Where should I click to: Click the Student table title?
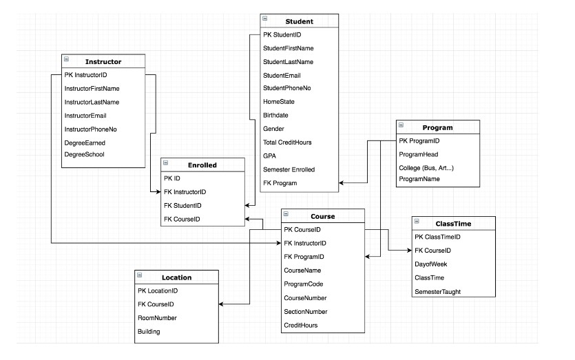point(298,21)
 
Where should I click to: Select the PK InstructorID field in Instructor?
point(85,74)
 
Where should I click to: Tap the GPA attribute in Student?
point(269,156)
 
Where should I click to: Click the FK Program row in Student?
point(280,182)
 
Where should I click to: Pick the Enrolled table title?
point(202,165)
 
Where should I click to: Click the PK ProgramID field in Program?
point(419,141)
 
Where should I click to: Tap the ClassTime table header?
point(454,224)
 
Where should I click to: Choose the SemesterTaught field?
point(437,291)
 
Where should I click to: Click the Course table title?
point(322,216)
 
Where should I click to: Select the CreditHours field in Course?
point(301,325)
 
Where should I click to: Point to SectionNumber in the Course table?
point(305,311)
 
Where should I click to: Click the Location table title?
point(176,277)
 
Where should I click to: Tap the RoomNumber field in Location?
point(157,317)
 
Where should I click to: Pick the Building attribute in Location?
point(149,331)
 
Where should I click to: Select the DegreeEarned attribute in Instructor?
point(84,142)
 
